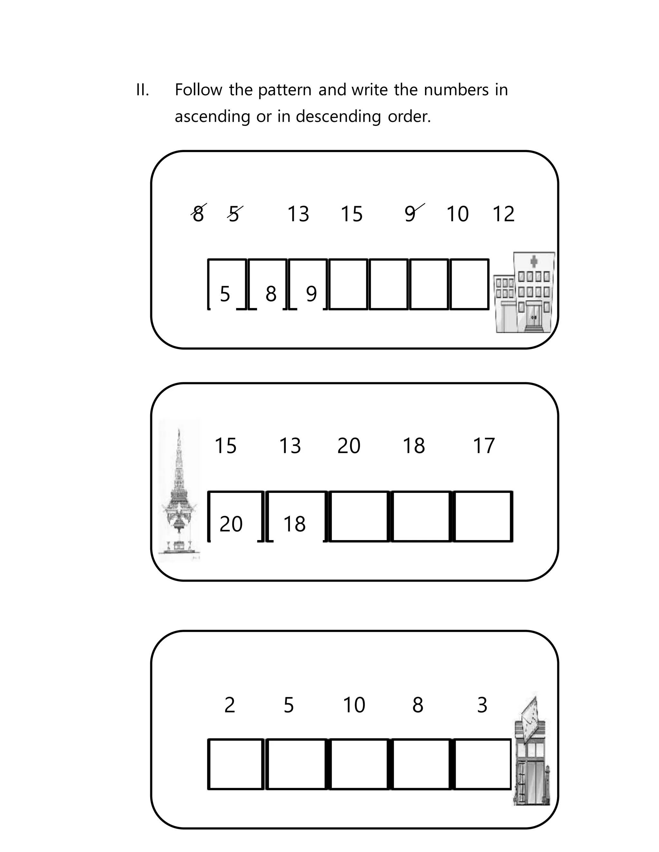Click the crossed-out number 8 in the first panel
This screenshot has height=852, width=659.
point(198,214)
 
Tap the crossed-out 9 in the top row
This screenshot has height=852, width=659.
point(410,214)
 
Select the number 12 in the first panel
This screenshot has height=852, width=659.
point(503,214)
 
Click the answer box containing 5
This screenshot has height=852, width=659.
point(227,285)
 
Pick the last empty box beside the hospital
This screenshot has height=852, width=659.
point(469,285)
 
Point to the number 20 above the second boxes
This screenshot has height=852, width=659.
point(348,446)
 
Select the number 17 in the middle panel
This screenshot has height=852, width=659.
point(483,446)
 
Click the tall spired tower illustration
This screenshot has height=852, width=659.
point(179,492)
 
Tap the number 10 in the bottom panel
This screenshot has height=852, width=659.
point(354,705)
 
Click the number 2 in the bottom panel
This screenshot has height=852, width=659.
point(229,705)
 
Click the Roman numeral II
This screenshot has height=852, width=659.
point(142,90)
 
